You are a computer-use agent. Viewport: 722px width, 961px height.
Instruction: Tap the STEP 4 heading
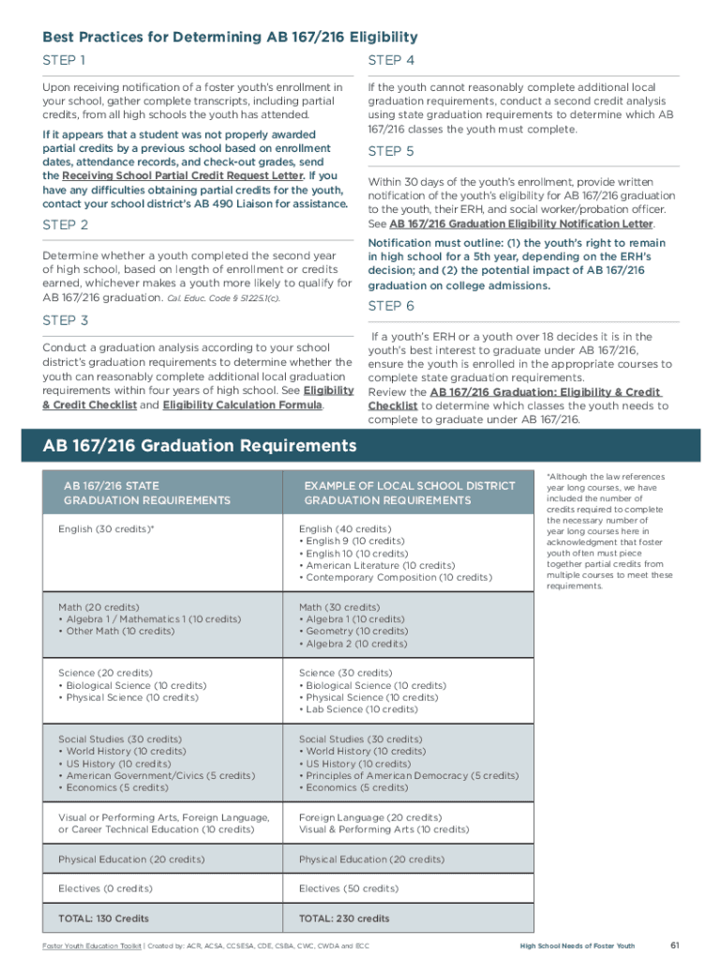(x=391, y=61)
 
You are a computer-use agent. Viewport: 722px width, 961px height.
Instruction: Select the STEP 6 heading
(x=391, y=306)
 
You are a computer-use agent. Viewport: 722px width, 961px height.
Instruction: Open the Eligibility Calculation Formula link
(x=242, y=405)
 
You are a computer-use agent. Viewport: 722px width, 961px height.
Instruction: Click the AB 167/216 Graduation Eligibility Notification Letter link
(x=521, y=224)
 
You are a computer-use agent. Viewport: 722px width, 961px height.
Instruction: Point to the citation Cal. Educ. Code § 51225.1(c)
(x=223, y=297)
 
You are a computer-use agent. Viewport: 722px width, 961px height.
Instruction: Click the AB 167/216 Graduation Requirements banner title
(x=199, y=445)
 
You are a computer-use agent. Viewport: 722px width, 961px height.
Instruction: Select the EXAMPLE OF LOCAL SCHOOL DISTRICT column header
(x=410, y=486)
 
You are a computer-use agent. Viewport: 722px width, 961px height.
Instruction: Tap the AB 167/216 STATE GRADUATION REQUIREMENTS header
(x=146, y=493)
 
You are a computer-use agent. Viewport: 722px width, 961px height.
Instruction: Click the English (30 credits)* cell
(x=106, y=529)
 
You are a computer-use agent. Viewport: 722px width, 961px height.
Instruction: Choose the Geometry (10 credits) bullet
(x=353, y=632)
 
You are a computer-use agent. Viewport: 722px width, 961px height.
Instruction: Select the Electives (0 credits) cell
(x=105, y=888)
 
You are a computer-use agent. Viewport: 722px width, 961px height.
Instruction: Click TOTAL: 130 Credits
(x=103, y=918)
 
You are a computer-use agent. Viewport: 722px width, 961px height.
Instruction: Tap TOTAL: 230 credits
(x=344, y=918)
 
